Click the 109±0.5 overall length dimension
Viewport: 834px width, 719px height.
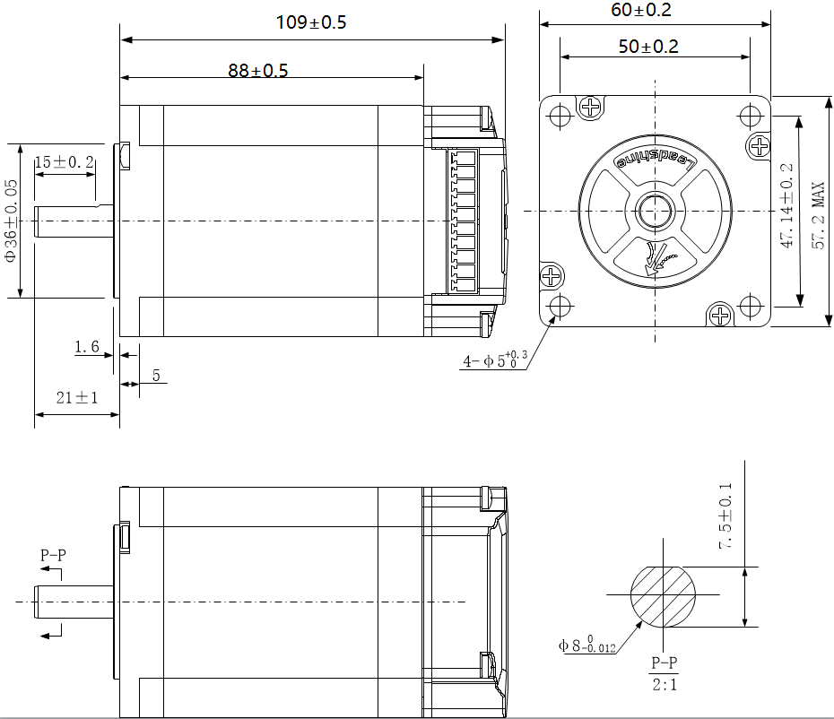(310, 23)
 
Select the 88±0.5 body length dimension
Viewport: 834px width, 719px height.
(257, 71)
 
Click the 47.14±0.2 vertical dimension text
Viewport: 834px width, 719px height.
(787, 205)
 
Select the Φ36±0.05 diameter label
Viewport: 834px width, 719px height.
(11, 221)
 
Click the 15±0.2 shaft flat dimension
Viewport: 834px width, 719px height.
(64, 162)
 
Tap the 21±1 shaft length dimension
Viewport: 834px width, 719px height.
(76, 398)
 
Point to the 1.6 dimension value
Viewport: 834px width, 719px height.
(87, 347)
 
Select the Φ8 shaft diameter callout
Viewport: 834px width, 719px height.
(586, 644)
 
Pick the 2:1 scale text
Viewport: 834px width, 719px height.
(664, 685)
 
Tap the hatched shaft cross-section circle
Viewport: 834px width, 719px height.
(664, 595)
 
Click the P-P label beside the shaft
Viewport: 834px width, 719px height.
(53, 555)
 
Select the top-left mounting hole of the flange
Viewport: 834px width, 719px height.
(560, 117)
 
